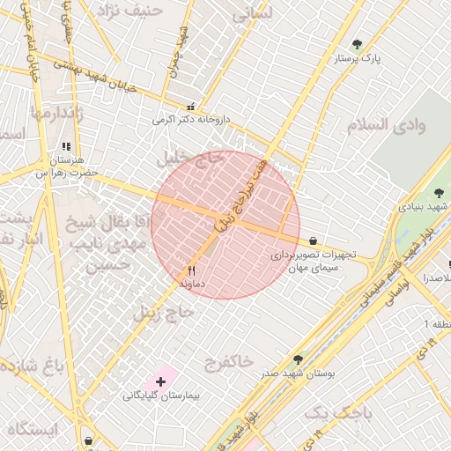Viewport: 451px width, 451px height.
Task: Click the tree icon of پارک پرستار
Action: pos(356,44)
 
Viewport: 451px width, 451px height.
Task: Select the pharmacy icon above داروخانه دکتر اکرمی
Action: pos(192,106)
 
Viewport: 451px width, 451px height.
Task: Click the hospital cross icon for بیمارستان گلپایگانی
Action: pos(160,381)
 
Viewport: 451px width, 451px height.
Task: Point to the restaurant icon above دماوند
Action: pos(191,270)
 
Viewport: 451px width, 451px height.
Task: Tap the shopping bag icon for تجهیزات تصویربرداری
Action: pos(313,240)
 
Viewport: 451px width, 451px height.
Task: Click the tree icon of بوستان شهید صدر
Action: pos(299,359)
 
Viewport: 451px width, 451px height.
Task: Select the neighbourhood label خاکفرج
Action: pos(228,360)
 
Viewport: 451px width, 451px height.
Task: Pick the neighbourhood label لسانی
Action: pos(254,16)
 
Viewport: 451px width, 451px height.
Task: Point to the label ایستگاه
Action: pos(32,429)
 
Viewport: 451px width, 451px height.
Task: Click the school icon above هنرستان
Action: pos(66,147)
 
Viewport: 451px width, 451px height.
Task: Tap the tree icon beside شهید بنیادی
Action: pos(438,193)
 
